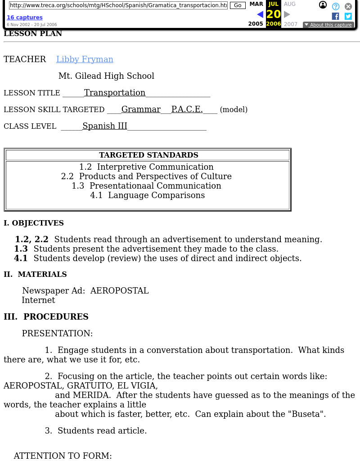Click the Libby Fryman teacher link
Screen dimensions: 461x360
(x=85, y=59)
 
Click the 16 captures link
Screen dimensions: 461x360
(x=24, y=18)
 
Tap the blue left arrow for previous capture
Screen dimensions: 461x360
(x=260, y=14)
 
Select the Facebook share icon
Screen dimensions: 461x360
(x=335, y=16)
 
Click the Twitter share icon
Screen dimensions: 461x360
(x=348, y=16)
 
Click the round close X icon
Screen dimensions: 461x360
(x=348, y=6)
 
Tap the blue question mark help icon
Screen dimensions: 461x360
(x=335, y=6)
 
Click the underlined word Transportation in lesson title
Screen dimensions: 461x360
(x=115, y=93)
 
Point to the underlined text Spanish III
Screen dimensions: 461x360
(x=105, y=126)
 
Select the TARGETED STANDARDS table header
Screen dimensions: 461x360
(x=148, y=155)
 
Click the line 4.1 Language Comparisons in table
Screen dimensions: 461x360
(x=147, y=195)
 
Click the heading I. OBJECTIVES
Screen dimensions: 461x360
(x=34, y=223)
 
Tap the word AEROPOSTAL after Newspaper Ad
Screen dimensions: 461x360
(x=119, y=291)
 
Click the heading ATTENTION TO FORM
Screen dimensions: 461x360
(x=63, y=456)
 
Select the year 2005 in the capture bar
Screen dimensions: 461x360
(x=256, y=24)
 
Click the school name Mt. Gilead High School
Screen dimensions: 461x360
(x=106, y=76)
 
